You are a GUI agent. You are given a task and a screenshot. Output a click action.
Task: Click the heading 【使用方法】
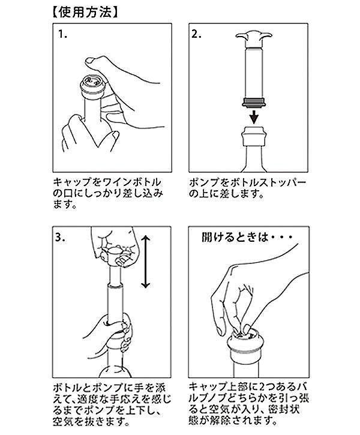click(85, 12)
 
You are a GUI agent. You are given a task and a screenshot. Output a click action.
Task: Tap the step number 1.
click(62, 34)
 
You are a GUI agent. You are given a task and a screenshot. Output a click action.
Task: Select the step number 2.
click(196, 34)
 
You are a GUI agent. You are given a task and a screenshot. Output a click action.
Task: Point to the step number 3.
click(60, 238)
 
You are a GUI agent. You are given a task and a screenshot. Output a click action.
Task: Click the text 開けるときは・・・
click(247, 238)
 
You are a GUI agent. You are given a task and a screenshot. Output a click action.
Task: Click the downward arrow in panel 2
click(254, 117)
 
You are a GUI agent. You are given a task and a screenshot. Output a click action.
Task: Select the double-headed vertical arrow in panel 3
click(146, 262)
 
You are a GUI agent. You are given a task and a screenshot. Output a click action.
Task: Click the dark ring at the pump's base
click(254, 102)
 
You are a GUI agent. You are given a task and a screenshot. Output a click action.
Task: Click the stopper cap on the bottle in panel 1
click(92, 86)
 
